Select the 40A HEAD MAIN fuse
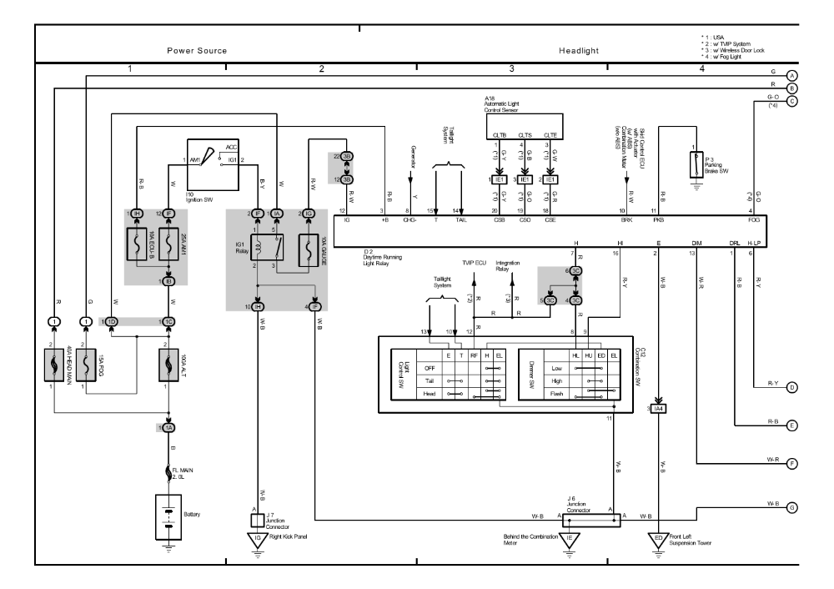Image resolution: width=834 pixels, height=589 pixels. (x=54, y=365)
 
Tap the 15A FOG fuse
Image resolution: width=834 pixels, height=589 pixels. (x=86, y=365)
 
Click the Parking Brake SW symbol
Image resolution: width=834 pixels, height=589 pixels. (x=694, y=164)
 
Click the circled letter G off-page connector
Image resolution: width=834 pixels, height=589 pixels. (x=791, y=506)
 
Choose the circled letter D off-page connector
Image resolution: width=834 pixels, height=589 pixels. (x=791, y=387)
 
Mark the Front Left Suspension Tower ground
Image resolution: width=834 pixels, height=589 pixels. (x=659, y=539)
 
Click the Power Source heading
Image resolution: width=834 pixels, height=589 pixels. (x=197, y=51)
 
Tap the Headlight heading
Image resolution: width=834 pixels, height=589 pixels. (x=579, y=51)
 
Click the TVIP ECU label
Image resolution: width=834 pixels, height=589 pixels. (x=475, y=261)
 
